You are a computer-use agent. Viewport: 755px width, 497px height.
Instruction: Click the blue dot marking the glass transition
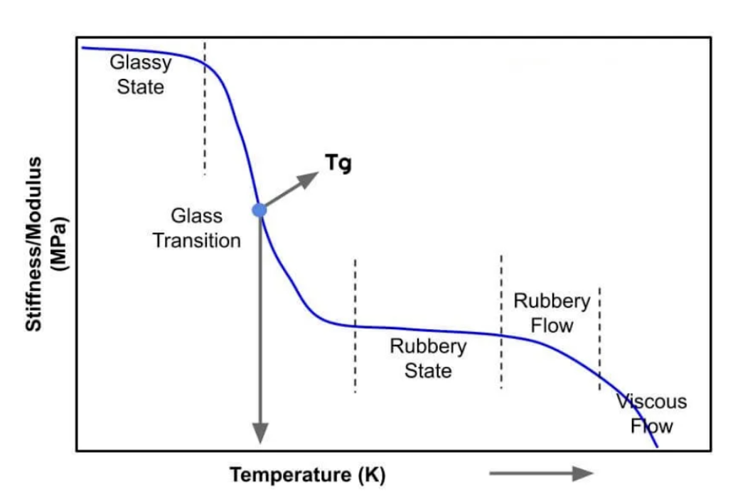(259, 210)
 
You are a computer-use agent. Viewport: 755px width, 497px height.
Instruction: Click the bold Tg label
(338, 163)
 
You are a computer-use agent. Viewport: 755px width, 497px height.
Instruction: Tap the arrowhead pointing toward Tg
(308, 179)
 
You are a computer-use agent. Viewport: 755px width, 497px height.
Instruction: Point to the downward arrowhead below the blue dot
(260, 433)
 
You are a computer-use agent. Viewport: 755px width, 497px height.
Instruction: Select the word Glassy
(141, 63)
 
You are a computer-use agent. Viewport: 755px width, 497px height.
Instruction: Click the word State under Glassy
(140, 87)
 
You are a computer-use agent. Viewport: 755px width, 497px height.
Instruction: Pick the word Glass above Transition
(196, 215)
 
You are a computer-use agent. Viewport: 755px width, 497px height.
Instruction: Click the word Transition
(196, 241)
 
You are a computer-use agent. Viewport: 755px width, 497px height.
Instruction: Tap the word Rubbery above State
(428, 347)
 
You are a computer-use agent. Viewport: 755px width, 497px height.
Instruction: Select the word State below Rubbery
(428, 371)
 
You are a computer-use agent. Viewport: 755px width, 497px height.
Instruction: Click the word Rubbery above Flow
(552, 301)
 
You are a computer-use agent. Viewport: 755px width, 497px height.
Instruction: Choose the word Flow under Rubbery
(552, 326)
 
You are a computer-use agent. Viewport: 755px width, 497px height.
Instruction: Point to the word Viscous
(651, 402)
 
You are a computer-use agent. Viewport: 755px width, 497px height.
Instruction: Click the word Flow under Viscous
(651, 426)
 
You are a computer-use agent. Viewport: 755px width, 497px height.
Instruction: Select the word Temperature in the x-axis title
(291, 475)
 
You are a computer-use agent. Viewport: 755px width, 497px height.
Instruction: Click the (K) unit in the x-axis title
(372, 475)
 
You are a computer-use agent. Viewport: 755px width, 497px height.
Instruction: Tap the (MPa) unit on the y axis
(60, 245)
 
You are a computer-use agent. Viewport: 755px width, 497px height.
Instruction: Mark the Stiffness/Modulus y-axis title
(33, 244)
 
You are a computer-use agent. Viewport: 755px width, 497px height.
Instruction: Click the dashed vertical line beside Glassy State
(205, 108)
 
